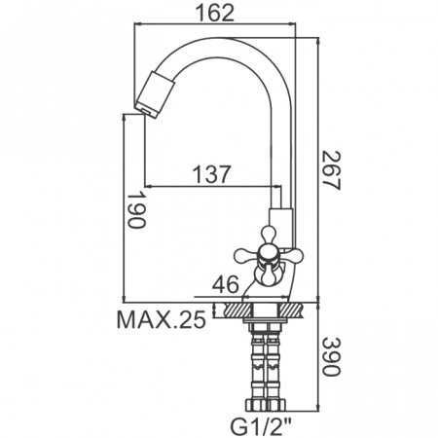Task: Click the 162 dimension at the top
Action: click(x=223, y=15)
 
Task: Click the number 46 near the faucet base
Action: click(x=227, y=284)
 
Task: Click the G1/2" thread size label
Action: click(x=264, y=424)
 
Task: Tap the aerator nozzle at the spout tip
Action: click(x=156, y=94)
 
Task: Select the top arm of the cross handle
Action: click(x=269, y=233)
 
